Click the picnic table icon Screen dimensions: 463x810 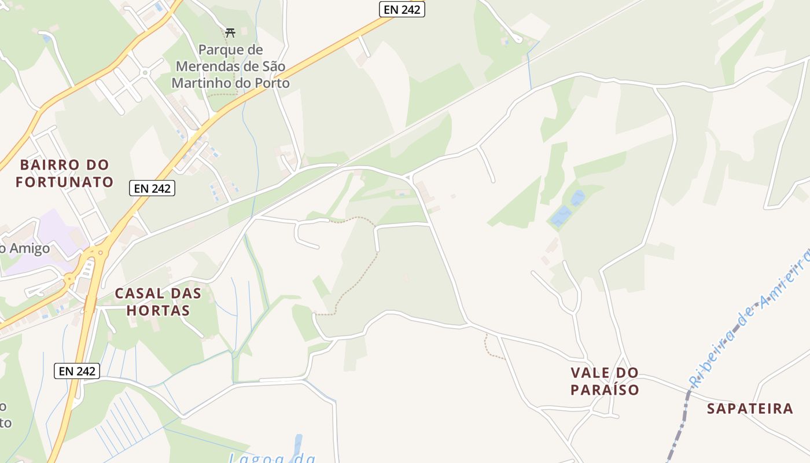(230, 32)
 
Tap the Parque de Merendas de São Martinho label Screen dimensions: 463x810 (230, 67)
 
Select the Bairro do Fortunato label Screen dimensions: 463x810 (64, 173)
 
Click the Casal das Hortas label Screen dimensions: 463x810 (158, 302)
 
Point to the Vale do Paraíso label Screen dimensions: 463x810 (605, 381)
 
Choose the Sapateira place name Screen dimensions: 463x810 (750, 409)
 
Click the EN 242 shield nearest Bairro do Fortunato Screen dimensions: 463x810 (152, 188)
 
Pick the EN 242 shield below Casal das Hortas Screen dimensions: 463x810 (77, 371)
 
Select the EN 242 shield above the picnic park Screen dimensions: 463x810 (402, 9)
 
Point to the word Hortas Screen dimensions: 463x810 (158, 310)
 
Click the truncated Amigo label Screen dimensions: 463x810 (26, 249)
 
